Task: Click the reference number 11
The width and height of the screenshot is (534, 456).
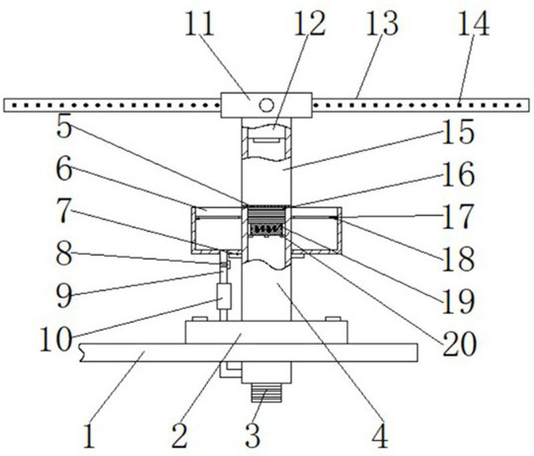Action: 199,24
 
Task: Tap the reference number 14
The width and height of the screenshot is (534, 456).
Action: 473,24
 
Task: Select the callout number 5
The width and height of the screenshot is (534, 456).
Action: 64,126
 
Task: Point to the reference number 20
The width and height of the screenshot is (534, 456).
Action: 459,344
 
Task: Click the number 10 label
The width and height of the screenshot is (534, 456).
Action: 56,339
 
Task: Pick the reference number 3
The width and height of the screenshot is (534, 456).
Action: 253,436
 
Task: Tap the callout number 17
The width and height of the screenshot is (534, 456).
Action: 457,216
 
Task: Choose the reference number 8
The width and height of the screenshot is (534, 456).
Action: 64,254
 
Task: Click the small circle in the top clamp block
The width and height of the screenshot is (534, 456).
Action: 266,105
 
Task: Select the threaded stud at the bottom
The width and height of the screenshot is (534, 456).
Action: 266,393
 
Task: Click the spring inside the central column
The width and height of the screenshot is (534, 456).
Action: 266,229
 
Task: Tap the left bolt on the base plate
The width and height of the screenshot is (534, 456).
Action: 200,318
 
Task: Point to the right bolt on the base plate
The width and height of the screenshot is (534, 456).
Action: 333,318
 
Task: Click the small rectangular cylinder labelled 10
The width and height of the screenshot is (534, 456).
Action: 224,296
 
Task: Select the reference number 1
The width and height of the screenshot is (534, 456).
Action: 89,436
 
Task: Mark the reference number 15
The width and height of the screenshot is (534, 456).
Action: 457,132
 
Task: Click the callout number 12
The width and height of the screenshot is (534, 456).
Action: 310,24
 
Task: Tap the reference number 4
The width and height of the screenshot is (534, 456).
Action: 380,436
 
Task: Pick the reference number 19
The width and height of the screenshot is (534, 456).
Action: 459,302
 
